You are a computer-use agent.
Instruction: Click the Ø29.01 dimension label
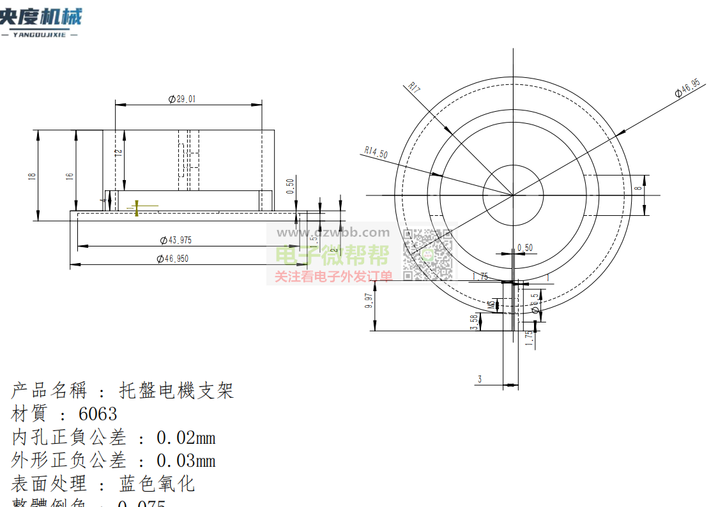[x=182, y=99]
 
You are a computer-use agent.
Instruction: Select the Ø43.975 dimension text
[x=176, y=240]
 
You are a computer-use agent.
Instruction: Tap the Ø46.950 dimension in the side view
[x=172, y=259]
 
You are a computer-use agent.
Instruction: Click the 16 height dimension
[x=70, y=176]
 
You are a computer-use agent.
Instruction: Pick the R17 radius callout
[x=414, y=88]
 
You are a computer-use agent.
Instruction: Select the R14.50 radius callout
[x=376, y=153]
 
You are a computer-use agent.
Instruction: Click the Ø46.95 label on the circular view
[x=687, y=89]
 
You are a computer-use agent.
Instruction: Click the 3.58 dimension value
[x=474, y=322]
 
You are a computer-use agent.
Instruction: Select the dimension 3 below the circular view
[x=480, y=379]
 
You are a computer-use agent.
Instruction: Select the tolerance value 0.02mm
[x=186, y=438]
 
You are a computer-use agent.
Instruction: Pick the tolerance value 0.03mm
[x=186, y=460]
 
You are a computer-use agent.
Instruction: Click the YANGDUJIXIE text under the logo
[x=40, y=34]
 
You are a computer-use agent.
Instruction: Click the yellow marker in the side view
[x=137, y=208]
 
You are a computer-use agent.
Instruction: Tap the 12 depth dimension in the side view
[x=119, y=153]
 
